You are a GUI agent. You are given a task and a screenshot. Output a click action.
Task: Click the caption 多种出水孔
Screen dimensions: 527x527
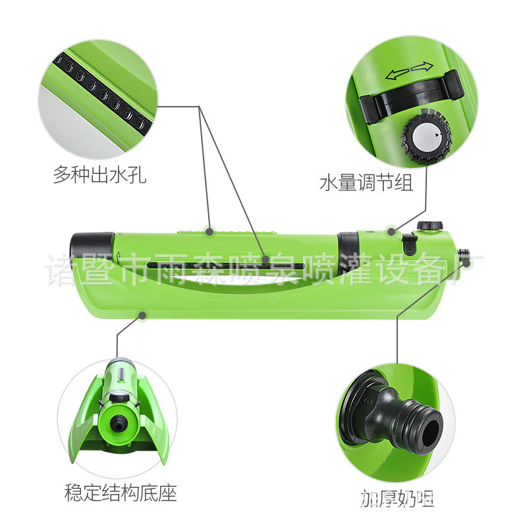[x=99, y=175]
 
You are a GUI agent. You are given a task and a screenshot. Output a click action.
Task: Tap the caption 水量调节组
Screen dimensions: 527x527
[x=366, y=182]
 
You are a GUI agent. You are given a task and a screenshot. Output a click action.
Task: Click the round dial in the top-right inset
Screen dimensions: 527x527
[x=426, y=134]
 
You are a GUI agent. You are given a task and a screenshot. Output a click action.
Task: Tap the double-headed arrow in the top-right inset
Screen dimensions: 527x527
[x=409, y=70]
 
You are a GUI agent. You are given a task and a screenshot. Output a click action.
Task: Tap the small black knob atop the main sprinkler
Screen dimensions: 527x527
[x=431, y=225]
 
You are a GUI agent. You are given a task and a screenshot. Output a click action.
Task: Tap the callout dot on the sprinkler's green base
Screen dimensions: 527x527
[x=142, y=316]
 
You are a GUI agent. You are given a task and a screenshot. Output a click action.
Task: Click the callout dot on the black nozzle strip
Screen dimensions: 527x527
[x=265, y=260]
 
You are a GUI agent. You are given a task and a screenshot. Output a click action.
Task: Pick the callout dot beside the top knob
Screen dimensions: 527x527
[x=391, y=231]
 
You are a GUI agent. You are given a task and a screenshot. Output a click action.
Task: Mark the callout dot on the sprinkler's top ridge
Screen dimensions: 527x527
[x=209, y=231]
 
